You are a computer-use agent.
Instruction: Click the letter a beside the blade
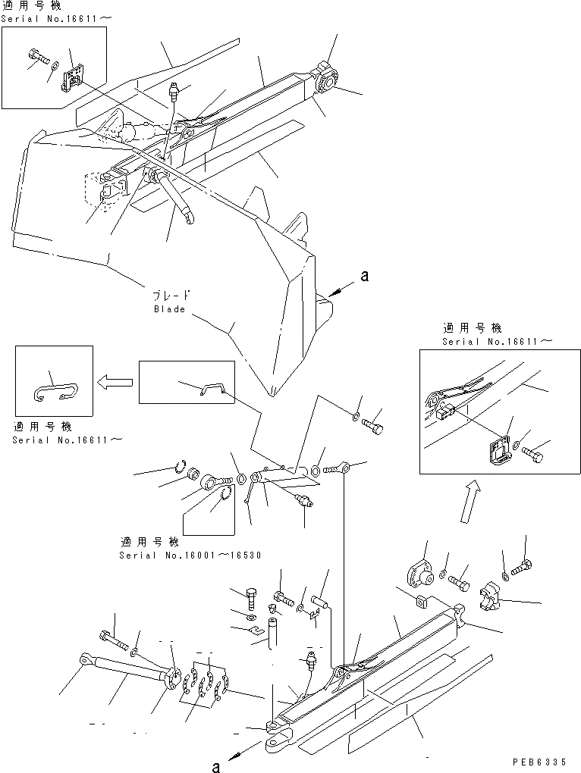[x=364, y=277]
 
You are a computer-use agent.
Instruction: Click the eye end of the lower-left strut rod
[x=83, y=661]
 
